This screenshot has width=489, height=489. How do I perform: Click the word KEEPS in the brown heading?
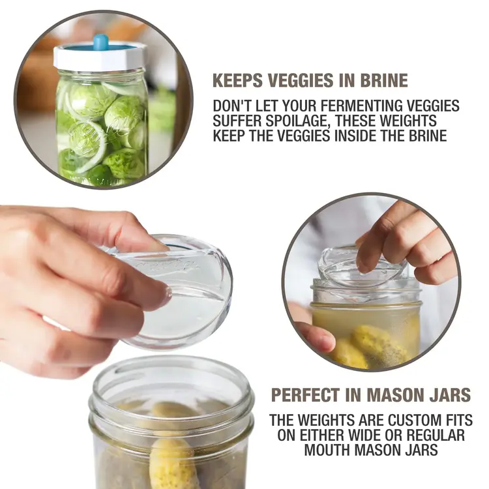[x=236, y=80]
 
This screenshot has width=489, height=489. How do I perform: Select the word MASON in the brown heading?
[x=398, y=394]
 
